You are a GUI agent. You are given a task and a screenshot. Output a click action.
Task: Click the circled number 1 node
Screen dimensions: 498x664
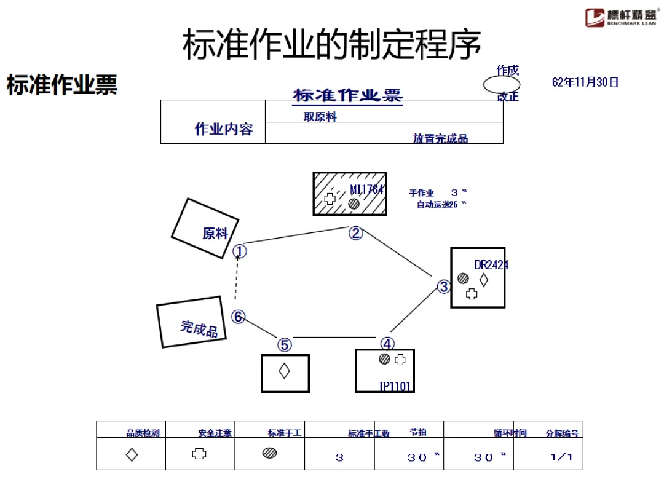tap(240, 251)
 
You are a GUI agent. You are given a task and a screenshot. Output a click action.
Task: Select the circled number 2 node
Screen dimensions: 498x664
tap(356, 233)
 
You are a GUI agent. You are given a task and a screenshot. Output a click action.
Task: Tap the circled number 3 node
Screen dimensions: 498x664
tap(444, 287)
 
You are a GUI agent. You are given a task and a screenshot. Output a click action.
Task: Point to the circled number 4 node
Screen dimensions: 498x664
tap(387, 344)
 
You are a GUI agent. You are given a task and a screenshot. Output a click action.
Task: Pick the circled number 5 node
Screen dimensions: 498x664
tap(284, 345)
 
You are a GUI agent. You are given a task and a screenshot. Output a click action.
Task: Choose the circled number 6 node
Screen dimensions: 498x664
tap(238, 317)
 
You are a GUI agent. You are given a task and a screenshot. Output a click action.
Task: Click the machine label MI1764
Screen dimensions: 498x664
tap(367, 189)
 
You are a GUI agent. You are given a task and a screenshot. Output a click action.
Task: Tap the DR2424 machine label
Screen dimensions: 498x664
tap(491, 265)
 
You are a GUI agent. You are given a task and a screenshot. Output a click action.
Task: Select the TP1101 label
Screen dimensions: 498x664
tap(395, 386)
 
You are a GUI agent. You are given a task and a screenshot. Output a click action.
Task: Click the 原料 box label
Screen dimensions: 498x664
tap(215, 234)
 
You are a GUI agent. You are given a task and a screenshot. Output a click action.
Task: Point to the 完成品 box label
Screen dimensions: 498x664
tap(199, 328)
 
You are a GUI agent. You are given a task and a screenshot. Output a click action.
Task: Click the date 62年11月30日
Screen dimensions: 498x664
tap(585, 82)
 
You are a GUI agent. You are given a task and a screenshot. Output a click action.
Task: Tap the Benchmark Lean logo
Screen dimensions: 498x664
tap(620, 17)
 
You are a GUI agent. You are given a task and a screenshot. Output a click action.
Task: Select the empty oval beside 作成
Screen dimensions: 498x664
tap(501, 85)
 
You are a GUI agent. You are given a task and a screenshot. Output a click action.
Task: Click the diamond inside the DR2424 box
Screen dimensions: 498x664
tap(483, 280)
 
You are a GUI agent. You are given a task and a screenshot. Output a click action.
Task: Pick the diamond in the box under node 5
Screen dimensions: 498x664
tap(284, 371)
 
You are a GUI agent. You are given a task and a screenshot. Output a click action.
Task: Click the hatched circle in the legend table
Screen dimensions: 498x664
tap(269, 453)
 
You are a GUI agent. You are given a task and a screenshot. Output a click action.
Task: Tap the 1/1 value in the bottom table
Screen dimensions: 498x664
tap(561, 457)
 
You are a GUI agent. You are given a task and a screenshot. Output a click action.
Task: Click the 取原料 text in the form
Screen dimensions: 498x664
tap(320, 117)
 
